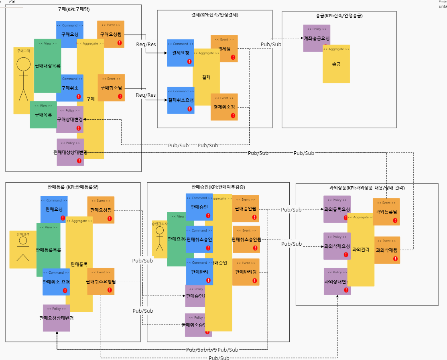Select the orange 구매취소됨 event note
[111, 87]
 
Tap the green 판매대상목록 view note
[48, 65]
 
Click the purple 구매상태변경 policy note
[70, 119]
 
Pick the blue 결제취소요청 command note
[181, 100]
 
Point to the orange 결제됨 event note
[224, 48]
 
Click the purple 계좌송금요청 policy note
[317, 38]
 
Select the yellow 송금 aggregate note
[336, 64]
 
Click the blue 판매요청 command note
[54, 209]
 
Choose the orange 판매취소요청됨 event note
[101, 281]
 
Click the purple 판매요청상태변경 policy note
[56, 318]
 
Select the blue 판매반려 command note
[199, 272]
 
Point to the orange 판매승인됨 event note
[246, 208]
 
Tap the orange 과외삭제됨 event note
[387, 250]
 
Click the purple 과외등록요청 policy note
[337, 209]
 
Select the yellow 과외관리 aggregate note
[360, 249]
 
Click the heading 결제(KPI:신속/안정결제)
[215, 15]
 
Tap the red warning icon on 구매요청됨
[120, 43]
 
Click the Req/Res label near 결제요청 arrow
[146, 45]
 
